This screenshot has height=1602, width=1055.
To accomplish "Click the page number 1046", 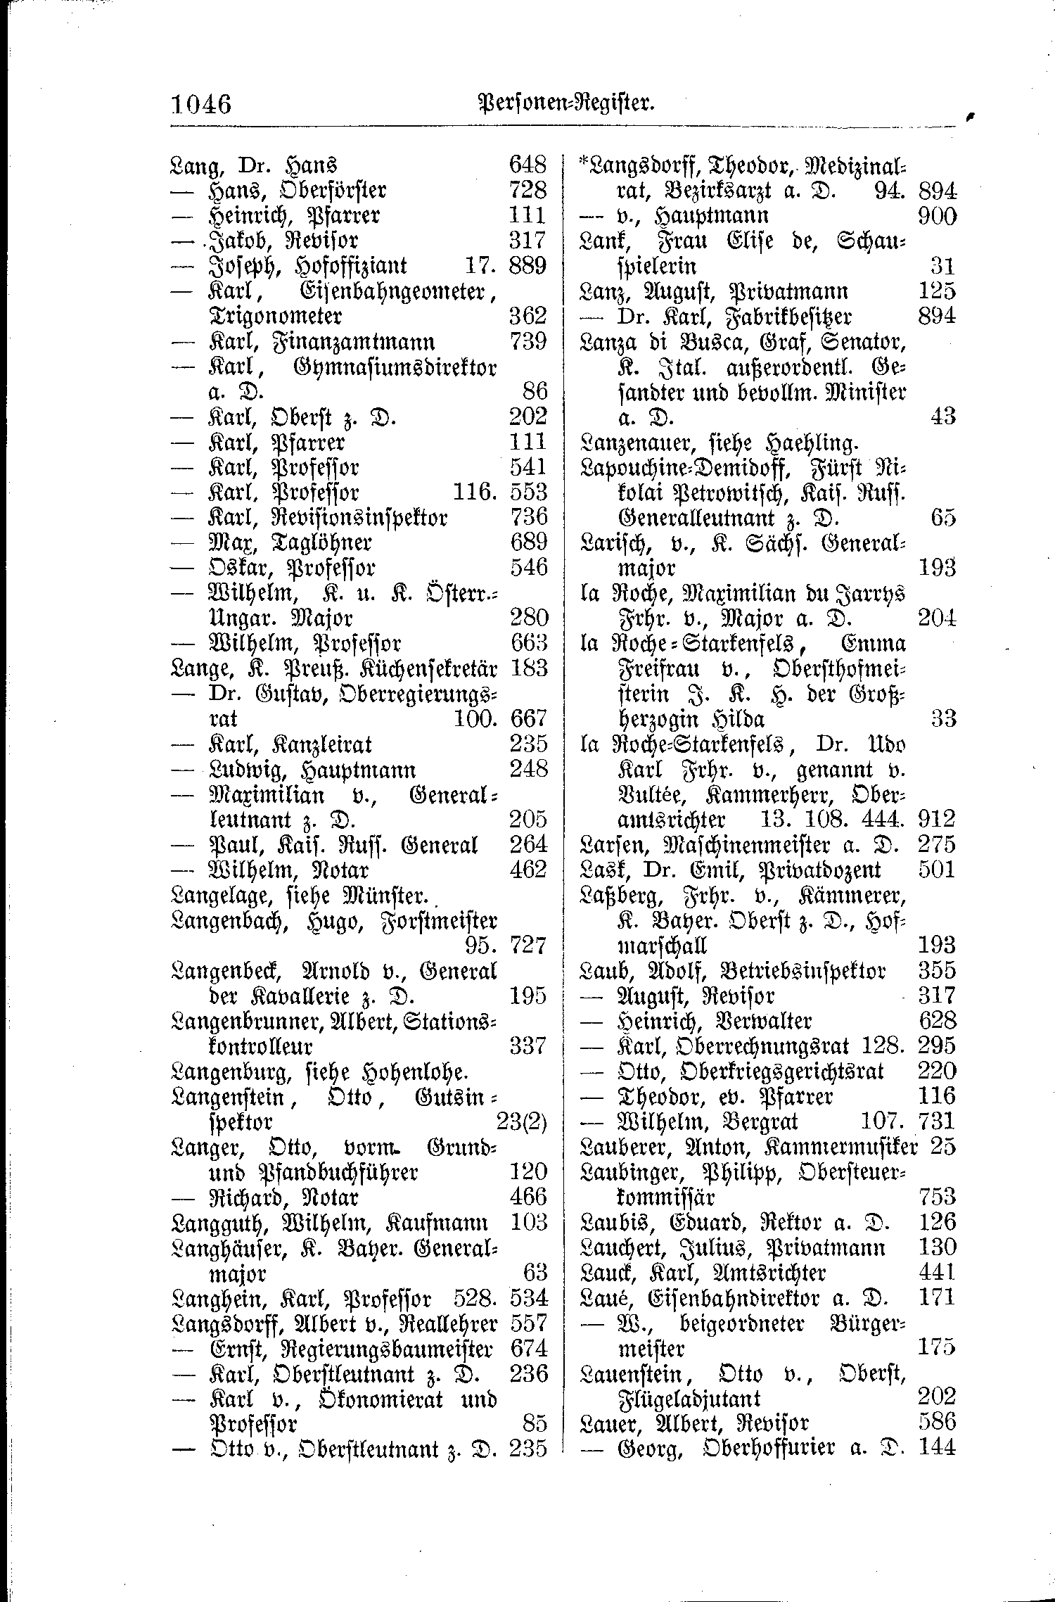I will (201, 105).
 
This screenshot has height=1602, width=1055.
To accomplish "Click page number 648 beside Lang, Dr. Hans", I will (527, 165).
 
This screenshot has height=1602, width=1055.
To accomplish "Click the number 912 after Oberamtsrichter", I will (937, 819).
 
